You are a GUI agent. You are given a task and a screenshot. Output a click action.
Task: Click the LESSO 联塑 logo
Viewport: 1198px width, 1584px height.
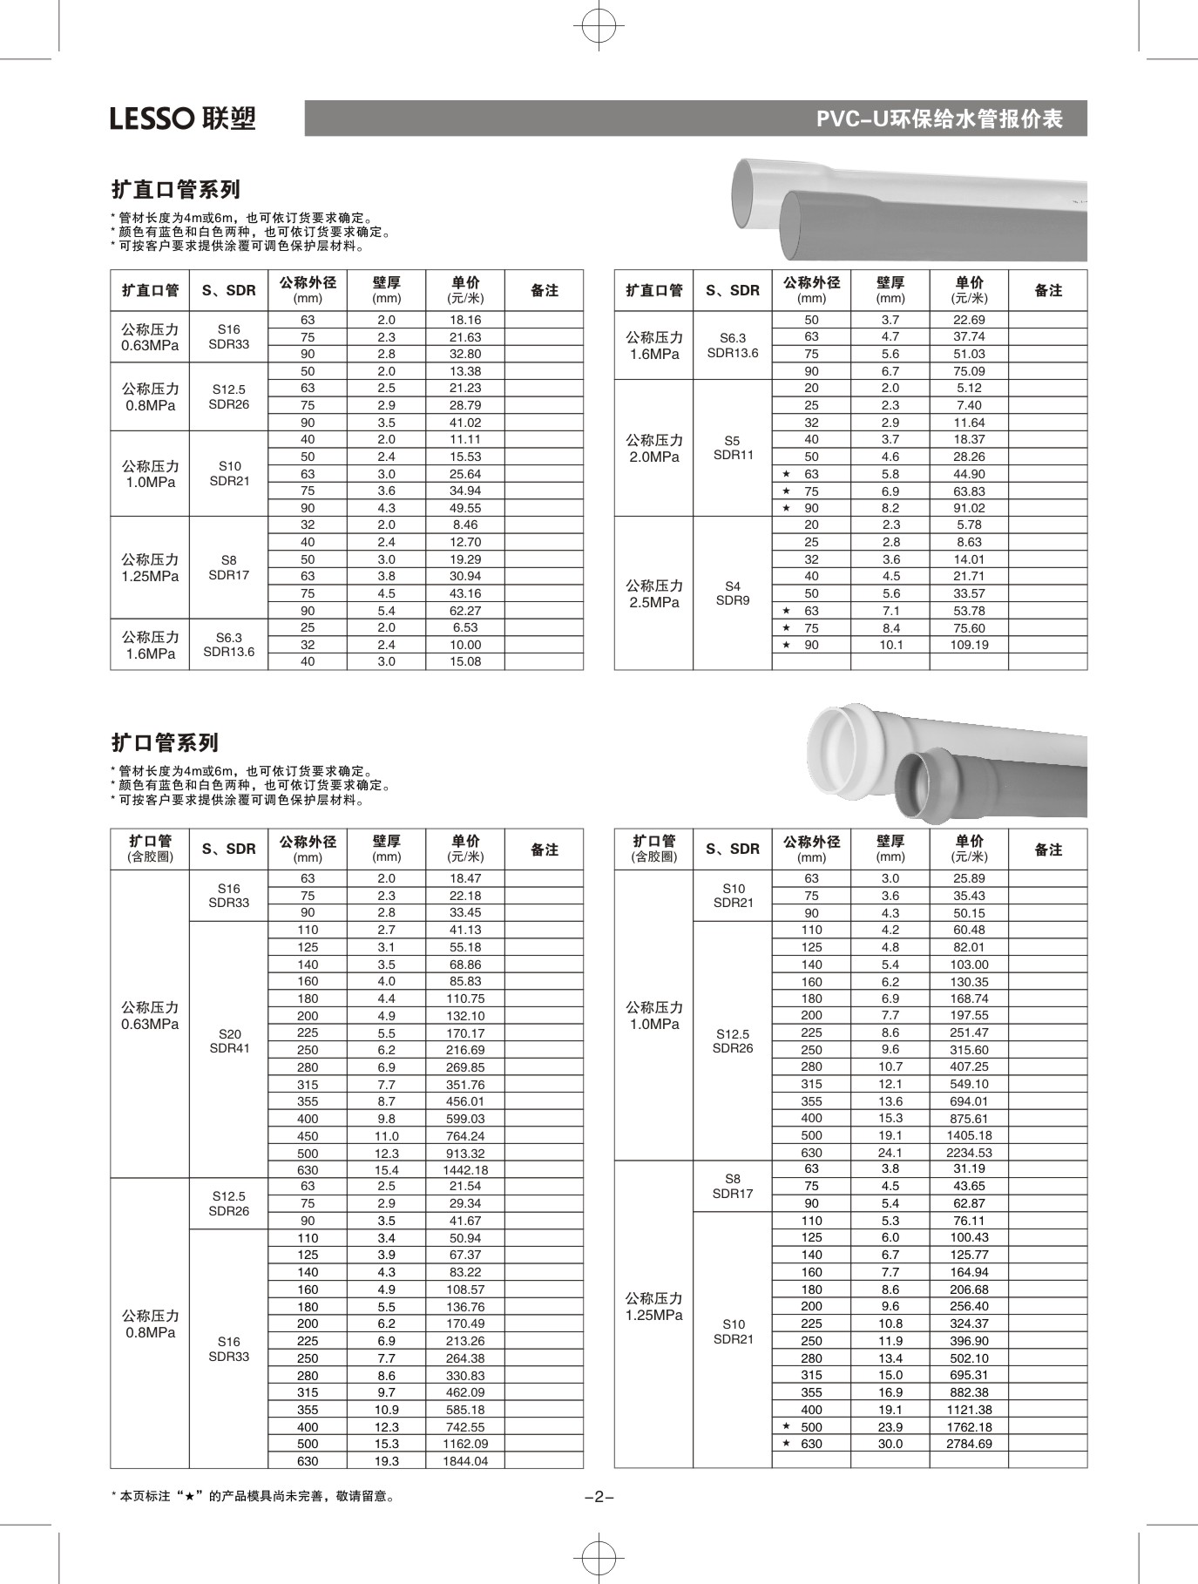pos(183,118)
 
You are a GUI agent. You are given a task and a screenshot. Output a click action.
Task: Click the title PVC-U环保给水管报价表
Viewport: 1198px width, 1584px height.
pos(938,119)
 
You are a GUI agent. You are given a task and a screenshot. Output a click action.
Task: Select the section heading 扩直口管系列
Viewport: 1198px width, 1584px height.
pos(176,189)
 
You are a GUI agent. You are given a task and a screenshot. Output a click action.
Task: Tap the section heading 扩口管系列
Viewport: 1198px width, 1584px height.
pos(165,742)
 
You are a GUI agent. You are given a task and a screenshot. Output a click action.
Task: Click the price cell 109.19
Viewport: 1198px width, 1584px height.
pos(969,645)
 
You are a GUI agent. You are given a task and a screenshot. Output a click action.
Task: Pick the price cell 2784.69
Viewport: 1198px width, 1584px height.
pos(969,1444)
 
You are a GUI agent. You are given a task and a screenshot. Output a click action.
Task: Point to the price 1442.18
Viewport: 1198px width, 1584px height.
pos(465,1170)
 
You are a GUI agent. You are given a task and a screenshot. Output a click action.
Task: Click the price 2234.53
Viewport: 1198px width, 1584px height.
pos(969,1152)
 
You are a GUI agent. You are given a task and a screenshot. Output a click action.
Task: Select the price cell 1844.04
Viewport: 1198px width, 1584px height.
pos(465,1461)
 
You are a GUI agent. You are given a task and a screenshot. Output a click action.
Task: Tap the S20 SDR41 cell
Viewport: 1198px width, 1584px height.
pos(229,1041)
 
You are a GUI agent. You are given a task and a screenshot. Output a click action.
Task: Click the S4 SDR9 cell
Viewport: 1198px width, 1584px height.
pos(733,593)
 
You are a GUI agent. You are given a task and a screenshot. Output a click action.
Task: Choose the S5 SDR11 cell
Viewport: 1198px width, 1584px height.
pos(733,448)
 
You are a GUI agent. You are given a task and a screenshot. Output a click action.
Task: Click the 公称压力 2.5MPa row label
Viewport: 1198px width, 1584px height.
pos(653,593)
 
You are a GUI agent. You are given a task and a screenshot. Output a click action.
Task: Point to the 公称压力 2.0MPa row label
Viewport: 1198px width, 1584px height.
pos(653,448)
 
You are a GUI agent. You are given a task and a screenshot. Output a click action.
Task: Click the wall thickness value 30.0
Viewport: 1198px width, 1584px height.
pos(890,1444)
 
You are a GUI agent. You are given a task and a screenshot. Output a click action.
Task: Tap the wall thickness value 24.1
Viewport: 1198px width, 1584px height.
pos(890,1152)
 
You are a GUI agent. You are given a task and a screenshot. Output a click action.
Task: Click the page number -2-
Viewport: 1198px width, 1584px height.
pos(599,1497)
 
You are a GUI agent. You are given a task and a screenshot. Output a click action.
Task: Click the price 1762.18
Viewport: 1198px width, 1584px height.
pos(969,1427)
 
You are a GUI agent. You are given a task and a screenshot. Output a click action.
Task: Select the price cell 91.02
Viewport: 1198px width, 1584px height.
pos(969,508)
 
